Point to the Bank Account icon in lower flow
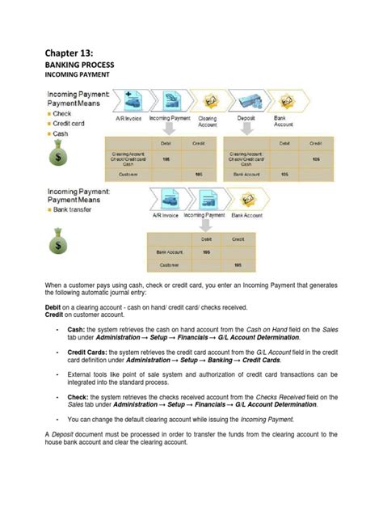[247, 199]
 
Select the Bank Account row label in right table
[246, 174]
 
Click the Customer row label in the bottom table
[169, 265]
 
